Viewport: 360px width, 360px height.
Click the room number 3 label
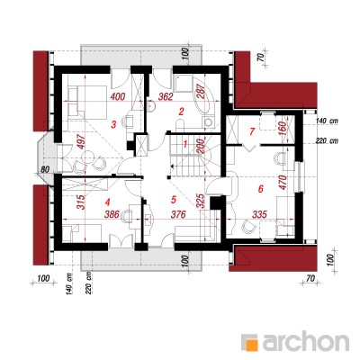(113, 124)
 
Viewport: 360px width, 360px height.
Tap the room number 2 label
(181, 112)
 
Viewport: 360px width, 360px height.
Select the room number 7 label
(252, 131)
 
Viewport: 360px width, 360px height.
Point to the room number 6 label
(260, 189)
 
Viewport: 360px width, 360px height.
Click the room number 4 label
(107, 202)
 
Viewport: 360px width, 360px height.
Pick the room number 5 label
(173, 200)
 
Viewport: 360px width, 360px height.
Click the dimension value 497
(83, 140)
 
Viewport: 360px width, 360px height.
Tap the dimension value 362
(166, 97)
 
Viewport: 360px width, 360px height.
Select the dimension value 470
(283, 183)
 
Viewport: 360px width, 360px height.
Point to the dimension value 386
(112, 214)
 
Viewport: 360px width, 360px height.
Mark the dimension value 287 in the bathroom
(201, 90)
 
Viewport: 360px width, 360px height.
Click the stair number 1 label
(185, 145)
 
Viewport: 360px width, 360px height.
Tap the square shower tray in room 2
(184, 83)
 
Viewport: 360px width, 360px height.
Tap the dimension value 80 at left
(45, 169)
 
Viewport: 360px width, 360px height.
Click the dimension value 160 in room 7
(283, 129)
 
